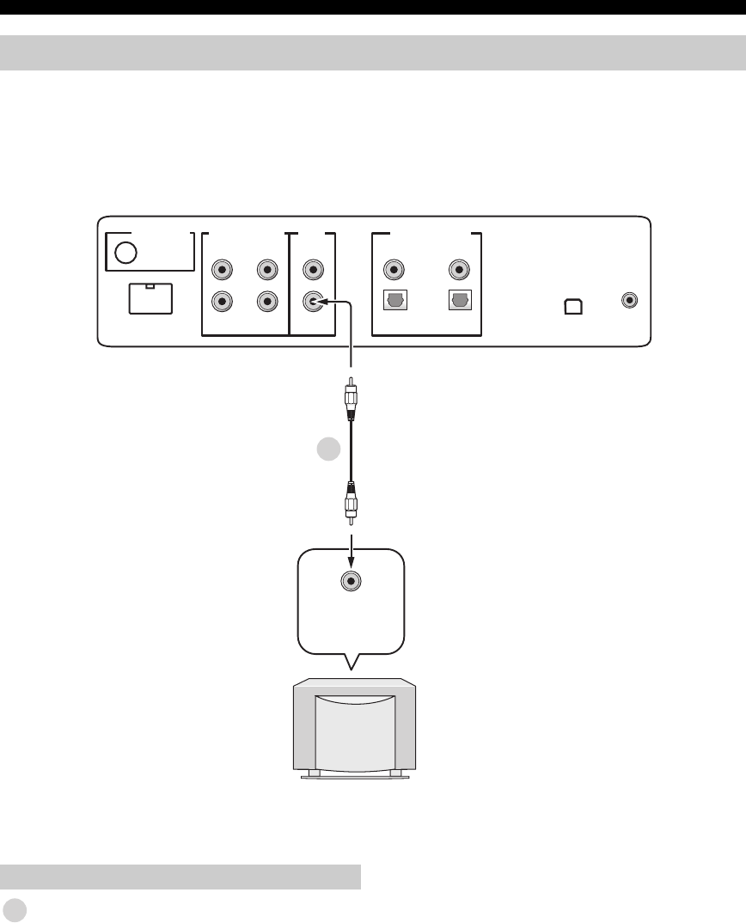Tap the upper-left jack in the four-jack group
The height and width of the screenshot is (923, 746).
(223, 270)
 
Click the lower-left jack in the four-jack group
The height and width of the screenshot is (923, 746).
(223, 302)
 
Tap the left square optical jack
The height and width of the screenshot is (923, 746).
(394, 302)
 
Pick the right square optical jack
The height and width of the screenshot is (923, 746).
(459, 302)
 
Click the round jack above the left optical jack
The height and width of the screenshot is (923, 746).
(394, 270)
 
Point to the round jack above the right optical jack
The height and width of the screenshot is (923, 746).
(459, 270)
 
